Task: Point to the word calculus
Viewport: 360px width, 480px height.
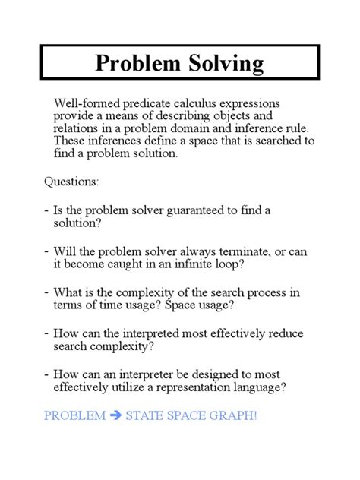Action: coord(202,103)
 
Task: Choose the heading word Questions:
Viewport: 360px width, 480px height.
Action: coord(72,182)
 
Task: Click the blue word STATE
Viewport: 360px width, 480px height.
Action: coord(144,417)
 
